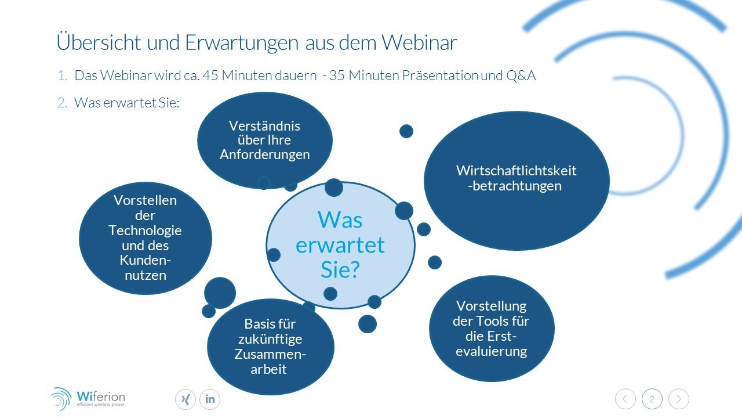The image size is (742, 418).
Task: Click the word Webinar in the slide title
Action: coord(419,42)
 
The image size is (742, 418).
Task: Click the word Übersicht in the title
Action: coord(99,41)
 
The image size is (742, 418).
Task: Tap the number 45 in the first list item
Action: coord(210,75)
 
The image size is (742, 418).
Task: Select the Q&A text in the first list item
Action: coord(521,75)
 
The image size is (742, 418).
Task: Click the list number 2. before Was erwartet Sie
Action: coord(62,103)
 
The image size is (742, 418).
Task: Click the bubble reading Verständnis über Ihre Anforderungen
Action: coord(265,140)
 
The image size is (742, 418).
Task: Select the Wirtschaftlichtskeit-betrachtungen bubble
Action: coord(517,181)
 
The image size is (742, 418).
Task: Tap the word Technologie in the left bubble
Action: coord(145,230)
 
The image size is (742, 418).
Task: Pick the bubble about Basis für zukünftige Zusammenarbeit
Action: coord(270,347)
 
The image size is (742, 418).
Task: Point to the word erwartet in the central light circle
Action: coord(340,245)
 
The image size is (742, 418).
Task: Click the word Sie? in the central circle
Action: coord(340,269)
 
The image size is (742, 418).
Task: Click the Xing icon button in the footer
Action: coord(185,399)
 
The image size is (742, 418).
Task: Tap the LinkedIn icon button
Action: coord(210,399)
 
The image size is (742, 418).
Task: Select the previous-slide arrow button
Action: coord(625,399)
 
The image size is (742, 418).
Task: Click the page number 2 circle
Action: coord(652,399)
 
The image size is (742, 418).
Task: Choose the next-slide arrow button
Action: coord(679,399)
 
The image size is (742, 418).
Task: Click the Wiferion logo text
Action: coord(101,397)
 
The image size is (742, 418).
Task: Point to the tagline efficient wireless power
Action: coord(101,405)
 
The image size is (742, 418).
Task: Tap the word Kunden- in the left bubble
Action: coord(145,261)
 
